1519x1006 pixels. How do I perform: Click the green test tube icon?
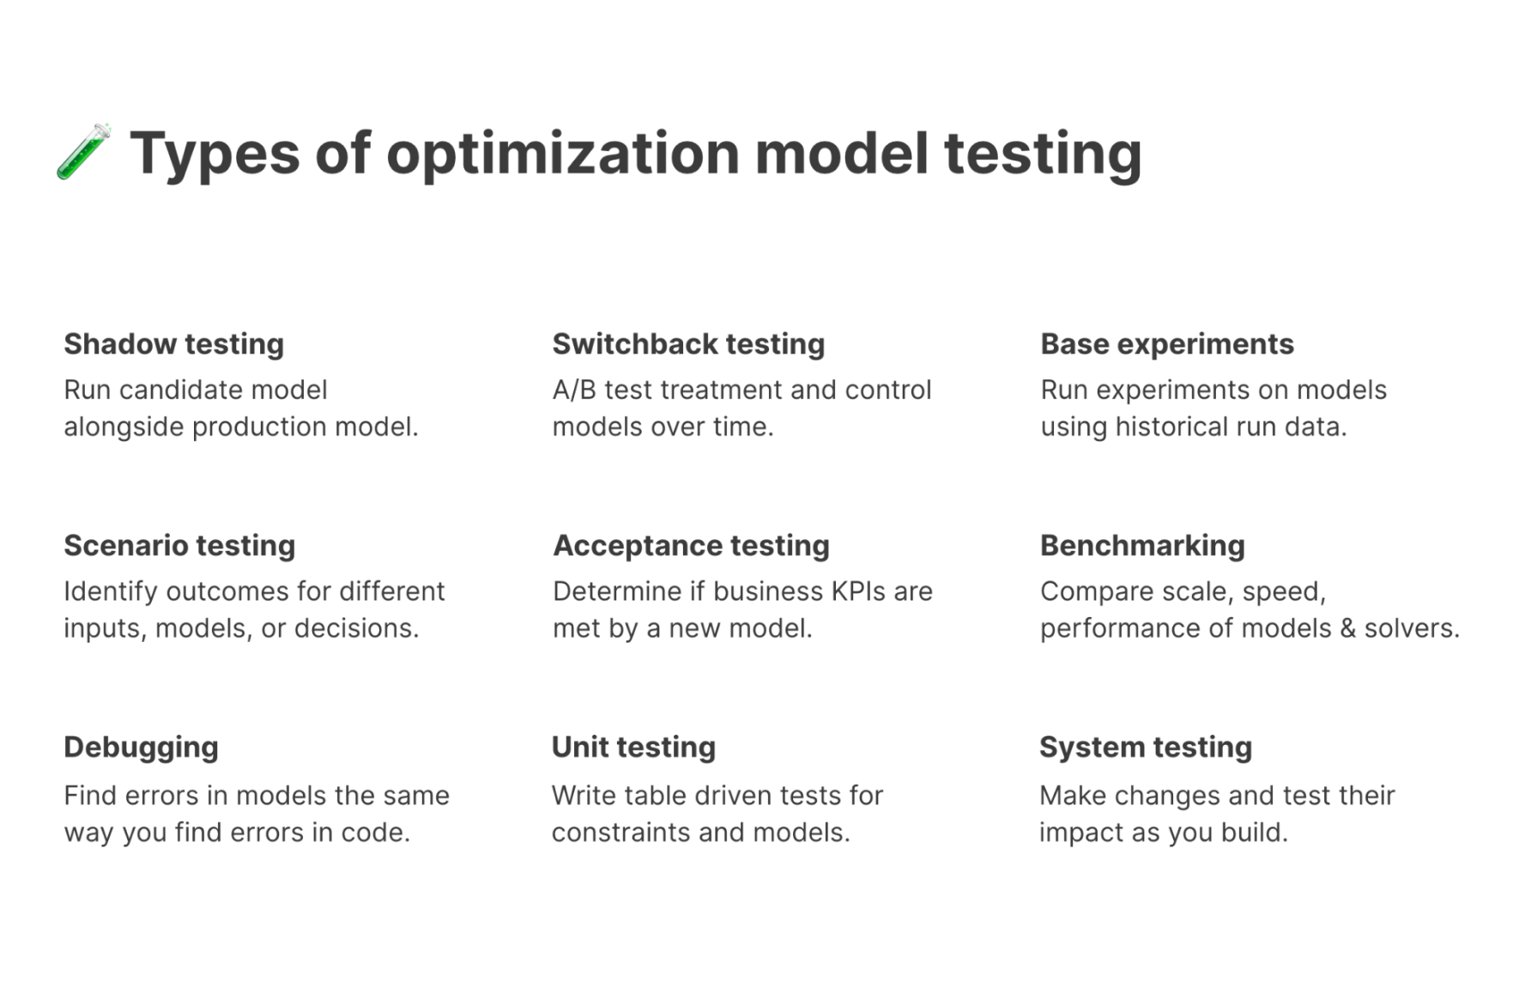click(x=84, y=152)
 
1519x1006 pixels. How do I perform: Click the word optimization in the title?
click(x=562, y=155)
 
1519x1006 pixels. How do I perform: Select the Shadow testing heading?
click(x=174, y=344)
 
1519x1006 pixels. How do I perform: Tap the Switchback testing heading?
click(x=688, y=344)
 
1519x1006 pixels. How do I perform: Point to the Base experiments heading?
click(x=1167, y=344)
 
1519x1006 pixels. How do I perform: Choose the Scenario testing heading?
click(x=179, y=545)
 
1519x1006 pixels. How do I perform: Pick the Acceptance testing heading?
click(x=691, y=545)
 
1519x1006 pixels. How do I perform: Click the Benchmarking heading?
click(x=1142, y=545)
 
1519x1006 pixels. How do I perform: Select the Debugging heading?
click(x=142, y=748)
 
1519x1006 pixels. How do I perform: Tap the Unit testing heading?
click(x=633, y=747)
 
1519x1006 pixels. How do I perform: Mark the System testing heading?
click(x=1146, y=747)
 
